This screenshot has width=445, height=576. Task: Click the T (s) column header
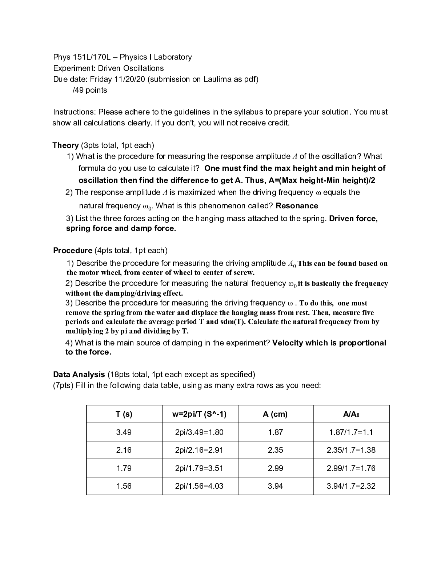click(x=124, y=414)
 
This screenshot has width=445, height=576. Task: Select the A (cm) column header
click(x=275, y=414)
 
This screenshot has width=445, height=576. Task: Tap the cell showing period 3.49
click(x=124, y=432)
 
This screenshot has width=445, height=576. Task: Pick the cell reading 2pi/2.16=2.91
click(x=199, y=450)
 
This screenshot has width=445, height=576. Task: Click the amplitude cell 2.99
click(x=275, y=468)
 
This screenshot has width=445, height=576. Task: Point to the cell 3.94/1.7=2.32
click(x=351, y=486)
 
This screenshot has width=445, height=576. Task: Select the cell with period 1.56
click(x=124, y=486)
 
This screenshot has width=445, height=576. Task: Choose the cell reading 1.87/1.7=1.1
click(x=351, y=432)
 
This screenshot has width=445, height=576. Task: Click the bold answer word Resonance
click(x=297, y=206)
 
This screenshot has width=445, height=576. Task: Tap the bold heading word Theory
click(x=65, y=145)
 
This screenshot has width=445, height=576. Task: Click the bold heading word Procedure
click(x=73, y=251)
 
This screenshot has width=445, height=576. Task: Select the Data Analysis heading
click(x=79, y=375)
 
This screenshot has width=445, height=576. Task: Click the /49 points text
click(x=90, y=90)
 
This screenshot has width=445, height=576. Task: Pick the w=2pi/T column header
click(x=199, y=414)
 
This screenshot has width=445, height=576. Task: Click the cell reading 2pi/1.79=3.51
click(x=199, y=468)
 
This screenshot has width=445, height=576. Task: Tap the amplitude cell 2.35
click(x=275, y=450)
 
